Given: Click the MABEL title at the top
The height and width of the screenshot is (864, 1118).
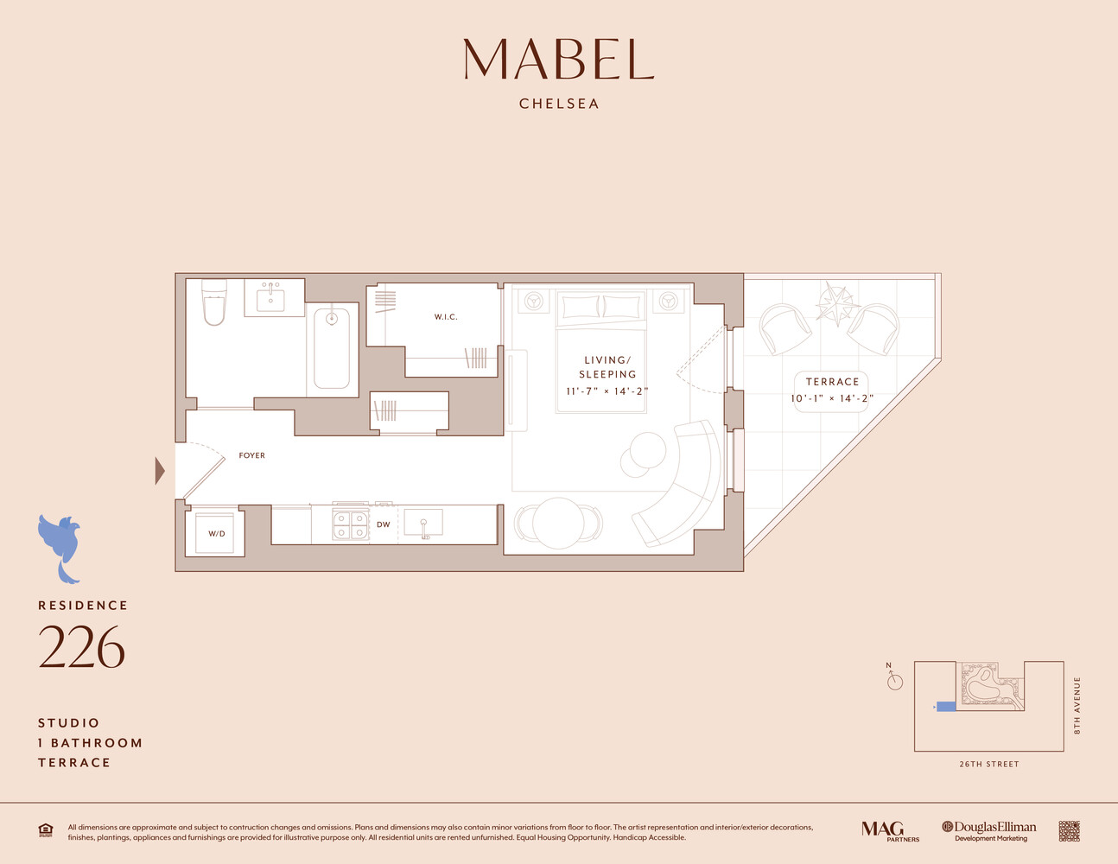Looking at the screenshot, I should click(x=558, y=60).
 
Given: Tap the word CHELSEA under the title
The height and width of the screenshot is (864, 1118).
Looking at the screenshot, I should click(x=559, y=104).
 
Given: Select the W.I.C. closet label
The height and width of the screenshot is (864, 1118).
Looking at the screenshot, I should click(x=446, y=317).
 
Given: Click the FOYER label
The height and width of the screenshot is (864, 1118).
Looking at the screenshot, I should click(x=252, y=455).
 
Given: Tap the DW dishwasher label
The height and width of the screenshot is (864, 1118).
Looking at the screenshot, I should click(x=384, y=524).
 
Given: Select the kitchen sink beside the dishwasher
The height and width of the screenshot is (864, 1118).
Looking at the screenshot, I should click(x=423, y=524).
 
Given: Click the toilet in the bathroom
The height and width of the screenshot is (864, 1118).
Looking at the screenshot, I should click(x=214, y=302).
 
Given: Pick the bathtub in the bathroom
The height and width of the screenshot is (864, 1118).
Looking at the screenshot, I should click(x=332, y=348).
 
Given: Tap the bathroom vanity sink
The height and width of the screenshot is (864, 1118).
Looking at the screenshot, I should click(x=272, y=297).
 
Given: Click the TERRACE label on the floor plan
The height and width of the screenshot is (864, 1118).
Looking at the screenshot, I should click(x=832, y=382).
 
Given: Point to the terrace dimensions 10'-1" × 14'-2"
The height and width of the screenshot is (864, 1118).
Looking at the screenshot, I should click(x=832, y=398).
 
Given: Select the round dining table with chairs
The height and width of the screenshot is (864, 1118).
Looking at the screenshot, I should click(x=558, y=523).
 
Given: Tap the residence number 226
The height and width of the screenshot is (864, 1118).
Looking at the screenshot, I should click(x=81, y=647).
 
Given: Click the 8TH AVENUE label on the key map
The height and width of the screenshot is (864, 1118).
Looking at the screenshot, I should click(x=1077, y=706).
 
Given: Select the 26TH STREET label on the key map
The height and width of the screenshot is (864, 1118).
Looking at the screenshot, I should click(x=988, y=764).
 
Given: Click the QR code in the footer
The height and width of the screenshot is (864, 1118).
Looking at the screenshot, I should click(x=1069, y=831).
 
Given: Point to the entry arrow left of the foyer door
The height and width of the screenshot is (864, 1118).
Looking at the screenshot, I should click(x=160, y=471).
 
